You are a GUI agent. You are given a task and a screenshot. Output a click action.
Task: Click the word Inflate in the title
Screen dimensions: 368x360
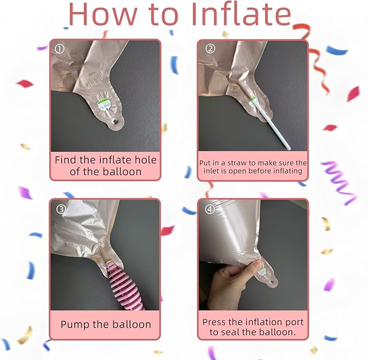[x=241, y=14]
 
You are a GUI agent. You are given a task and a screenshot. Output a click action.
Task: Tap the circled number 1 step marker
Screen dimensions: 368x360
[x=60, y=49]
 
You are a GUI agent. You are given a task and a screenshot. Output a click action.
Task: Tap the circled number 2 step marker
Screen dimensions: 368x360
[x=210, y=49]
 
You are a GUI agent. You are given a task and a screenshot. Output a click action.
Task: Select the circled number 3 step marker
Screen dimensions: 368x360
[x=61, y=209]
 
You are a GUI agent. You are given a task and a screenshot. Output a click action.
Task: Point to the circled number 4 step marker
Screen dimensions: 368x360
[x=210, y=209]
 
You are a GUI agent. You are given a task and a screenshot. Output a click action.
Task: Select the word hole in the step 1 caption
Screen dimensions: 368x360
[x=145, y=160]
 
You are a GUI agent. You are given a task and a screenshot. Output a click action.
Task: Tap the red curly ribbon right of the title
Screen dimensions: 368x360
[x=313, y=56]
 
